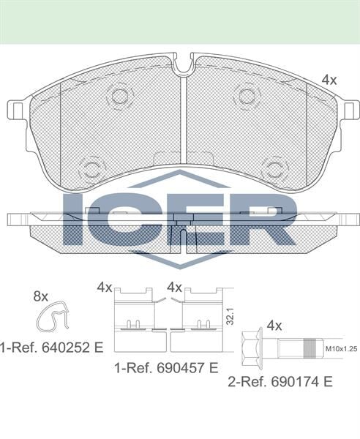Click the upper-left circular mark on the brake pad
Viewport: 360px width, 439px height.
117,96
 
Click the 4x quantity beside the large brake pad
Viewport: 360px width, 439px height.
329,80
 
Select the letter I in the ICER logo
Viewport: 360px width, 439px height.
73,218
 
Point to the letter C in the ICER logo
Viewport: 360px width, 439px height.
124,218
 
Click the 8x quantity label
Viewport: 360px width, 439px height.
41,296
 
